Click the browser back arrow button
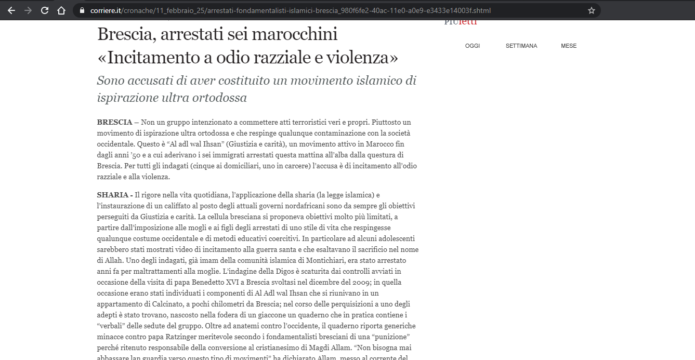point(11,10)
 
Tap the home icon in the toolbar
point(61,10)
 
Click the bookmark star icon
point(591,10)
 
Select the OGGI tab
point(473,46)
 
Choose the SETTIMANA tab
point(521,46)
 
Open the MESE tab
point(569,46)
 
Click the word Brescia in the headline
point(126,34)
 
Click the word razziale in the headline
point(279,57)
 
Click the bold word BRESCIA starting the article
point(114,122)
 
